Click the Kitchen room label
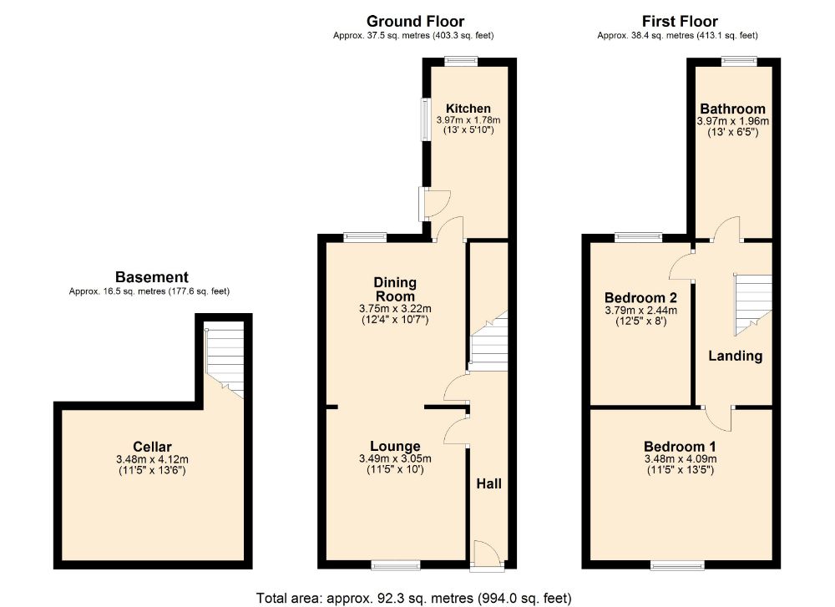(468, 109)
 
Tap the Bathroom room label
(732, 109)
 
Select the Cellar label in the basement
(152, 447)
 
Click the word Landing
(735, 356)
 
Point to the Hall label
(488, 483)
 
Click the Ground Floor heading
(416, 22)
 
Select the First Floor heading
(679, 22)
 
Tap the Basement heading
(151, 277)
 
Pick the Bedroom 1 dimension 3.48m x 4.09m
(680, 458)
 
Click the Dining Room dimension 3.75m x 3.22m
(394, 308)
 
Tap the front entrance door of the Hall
(485, 555)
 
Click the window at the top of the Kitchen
(460, 59)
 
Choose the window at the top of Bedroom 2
(639, 237)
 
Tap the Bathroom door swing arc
(728, 225)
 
